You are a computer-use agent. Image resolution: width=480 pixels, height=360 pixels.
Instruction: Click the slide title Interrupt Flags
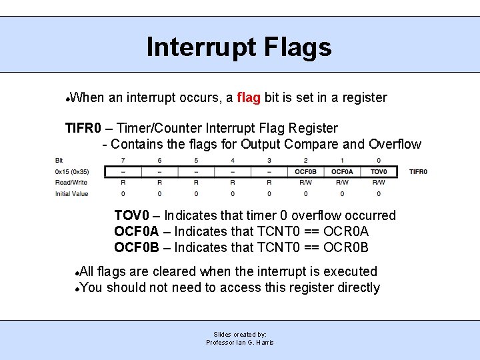point(239,47)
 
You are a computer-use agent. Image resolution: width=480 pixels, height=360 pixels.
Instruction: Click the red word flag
point(248,98)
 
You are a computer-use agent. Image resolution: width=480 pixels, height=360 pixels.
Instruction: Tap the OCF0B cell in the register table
point(305,171)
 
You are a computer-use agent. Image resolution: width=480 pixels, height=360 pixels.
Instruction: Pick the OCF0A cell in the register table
point(342,171)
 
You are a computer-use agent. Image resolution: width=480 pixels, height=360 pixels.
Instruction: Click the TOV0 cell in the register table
point(378,171)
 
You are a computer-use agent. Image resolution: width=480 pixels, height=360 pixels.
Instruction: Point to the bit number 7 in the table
point(123,160)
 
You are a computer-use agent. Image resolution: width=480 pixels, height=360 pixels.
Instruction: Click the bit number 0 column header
point(378,160)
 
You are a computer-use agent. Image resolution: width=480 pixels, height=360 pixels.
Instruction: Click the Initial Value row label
point(71,193)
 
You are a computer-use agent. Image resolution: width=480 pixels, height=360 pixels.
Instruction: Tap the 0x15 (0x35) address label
point(71,171)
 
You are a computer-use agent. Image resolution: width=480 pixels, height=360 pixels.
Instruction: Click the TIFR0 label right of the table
point(418,171)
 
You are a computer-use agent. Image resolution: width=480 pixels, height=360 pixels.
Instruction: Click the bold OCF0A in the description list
point(137,231)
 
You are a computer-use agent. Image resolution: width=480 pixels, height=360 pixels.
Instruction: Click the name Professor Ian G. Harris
point(240,342)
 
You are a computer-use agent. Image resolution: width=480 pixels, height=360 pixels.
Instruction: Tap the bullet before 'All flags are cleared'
point(78,273)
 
